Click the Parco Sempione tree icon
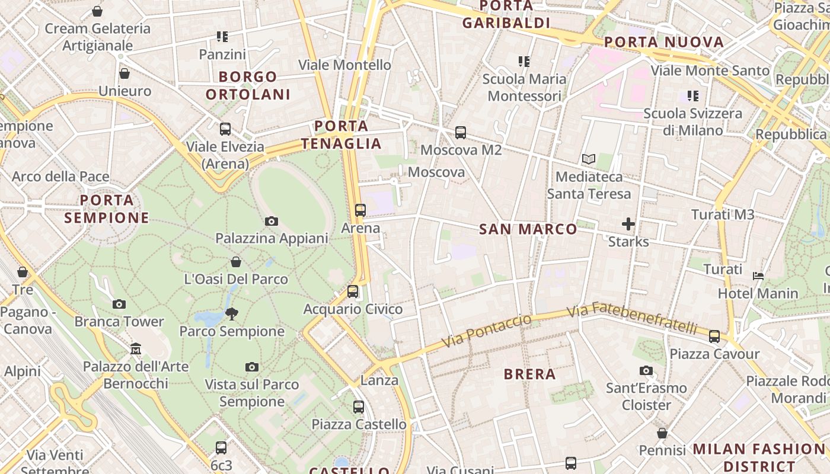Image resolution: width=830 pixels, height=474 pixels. click(x=232, y=314)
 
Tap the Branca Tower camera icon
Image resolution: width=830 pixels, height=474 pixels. click(x=119, y=304)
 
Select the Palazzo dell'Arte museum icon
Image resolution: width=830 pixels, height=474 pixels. click(x=136, y=348)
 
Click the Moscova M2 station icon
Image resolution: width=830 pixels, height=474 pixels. click(x=461, y=133)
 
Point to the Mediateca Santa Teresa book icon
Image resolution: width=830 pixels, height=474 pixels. click(x=589, y=159)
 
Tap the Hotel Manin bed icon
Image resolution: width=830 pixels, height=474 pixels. click(x=758, y=276)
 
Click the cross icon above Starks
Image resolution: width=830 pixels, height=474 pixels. click(x=628, y=224)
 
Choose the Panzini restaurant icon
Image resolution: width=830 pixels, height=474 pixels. click(x=222, y=37)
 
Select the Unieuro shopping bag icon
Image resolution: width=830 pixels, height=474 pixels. click(x=124, y=73)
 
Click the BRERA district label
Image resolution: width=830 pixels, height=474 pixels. click(x=529, y=374)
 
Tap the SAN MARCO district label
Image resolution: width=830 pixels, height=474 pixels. click(x=528, y=229)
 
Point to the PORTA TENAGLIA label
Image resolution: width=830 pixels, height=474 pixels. click(x=341, y=134)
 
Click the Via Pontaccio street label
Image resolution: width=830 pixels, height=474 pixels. click(x=487, y=332)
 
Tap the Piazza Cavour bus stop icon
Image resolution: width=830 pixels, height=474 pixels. click(x=714, y=337)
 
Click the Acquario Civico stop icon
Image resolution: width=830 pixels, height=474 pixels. click(x=353, y=292)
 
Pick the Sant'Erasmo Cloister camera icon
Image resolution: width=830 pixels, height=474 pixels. click(x=646, y=371)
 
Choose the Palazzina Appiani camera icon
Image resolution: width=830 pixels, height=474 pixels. click(x=272, y=221)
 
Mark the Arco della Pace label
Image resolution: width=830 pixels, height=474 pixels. click(x=60, y=177)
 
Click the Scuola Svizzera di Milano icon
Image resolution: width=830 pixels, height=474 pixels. click(x=692, y=95)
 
